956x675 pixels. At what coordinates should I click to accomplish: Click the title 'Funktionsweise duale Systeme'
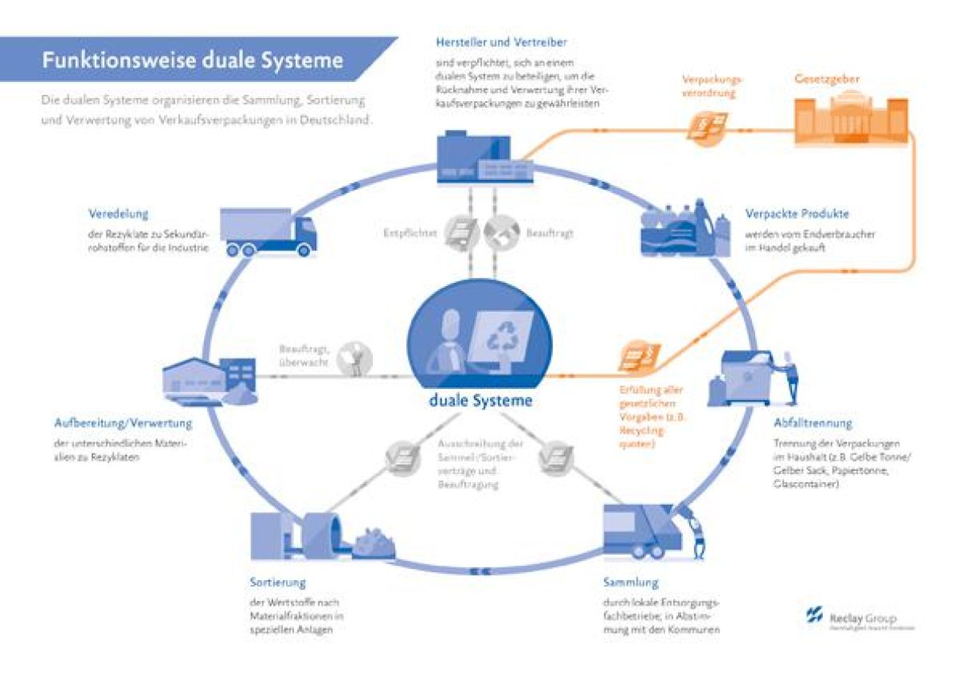[x=193, y=61]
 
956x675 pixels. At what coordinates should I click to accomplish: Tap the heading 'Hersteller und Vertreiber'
[x=501, y=41]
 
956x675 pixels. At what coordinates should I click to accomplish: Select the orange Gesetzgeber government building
[x=851, y=120]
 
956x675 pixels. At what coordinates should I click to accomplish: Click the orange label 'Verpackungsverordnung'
[x=711, y=86]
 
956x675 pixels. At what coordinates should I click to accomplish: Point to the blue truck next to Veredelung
[x=268, y=232]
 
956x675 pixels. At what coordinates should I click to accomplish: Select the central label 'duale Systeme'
[x=480, y=400]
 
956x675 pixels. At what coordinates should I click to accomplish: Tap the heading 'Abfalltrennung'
[x=812, y=423]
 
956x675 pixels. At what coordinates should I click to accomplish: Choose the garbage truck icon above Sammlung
[x=645, y=530]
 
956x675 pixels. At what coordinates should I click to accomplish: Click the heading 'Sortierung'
[x=276, y=583]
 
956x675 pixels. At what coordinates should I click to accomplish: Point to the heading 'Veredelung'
[x=118, y=214]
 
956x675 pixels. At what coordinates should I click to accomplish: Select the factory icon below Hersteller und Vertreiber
[x=473, y=156]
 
